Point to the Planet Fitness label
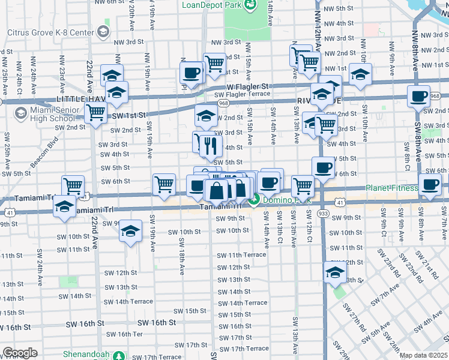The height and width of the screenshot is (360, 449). (x=392, y=188)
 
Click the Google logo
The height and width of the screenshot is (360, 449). (x=20, y=353)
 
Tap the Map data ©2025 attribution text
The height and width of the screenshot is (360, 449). (x=424, y=355)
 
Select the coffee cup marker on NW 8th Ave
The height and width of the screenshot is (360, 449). (x=418, y=95)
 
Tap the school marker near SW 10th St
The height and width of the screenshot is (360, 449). (x=130, y=231)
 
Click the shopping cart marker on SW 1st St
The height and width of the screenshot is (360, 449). (x=96, y=112)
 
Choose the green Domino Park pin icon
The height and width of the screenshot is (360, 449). (x=255, y=200)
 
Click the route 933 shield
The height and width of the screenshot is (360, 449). (x=323, y=213)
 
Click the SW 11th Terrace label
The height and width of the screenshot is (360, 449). (x=242, y=255)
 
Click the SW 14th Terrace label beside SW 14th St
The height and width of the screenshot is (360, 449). (x=243, y=303)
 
